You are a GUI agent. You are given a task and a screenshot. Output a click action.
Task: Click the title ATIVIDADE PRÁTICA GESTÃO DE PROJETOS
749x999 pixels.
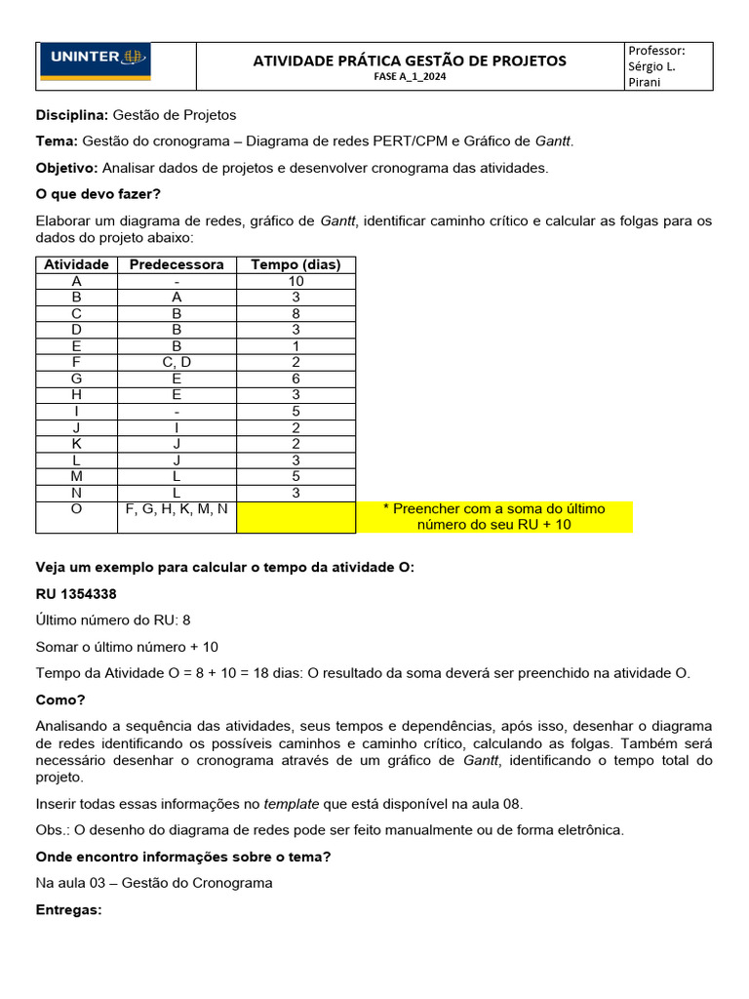click(409, 60)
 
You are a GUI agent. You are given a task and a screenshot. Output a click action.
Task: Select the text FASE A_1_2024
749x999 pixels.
click(409, 77)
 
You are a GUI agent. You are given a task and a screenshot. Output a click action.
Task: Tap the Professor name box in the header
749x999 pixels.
click(668, 66)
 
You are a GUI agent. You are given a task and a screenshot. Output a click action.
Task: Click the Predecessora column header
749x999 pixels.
click(177, 264)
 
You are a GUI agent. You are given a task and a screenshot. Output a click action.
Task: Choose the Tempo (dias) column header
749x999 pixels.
click(296, 264)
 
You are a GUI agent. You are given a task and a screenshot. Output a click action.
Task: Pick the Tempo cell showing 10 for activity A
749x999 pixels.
click(296, 281)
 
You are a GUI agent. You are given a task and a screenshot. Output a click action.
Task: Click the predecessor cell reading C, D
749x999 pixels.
click(177, 362)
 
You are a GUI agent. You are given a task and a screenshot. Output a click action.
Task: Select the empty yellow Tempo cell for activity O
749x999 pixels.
click(296, 517)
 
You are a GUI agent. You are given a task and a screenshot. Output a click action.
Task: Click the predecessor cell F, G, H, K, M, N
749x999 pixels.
click(177, 508)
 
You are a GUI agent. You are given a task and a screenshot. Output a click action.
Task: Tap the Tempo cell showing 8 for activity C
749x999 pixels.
click(296, 313)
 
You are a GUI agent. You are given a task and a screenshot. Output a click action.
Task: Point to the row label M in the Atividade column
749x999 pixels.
click(76, 476)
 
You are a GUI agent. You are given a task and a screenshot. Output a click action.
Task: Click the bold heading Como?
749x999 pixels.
click(60, 699)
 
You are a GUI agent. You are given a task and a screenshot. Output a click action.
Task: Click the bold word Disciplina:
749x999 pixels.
click(73, 115)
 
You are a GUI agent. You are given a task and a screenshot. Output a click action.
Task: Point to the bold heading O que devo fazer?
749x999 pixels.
click(99, 193)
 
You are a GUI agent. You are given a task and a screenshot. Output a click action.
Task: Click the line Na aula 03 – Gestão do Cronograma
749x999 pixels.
click(154, 883)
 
